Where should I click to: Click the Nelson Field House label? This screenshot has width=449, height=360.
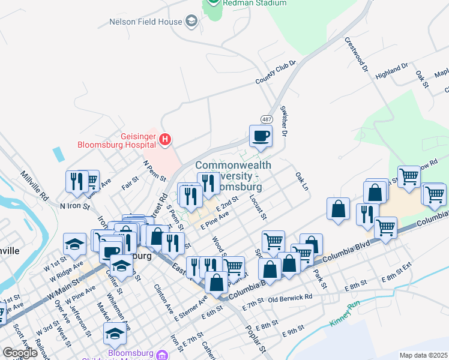pyautogui.click(x=145, y=22)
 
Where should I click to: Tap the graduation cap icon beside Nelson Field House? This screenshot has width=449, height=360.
pyautogui.click(x=191, y=23)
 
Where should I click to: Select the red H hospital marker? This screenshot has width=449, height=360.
pyautogui.click(x=165, y=140)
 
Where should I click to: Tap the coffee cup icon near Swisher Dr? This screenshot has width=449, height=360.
pyautogui.click(x=261, y=136)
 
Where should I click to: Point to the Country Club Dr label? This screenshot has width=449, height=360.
pyautogui.click(x=276, y=72)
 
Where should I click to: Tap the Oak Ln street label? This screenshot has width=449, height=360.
pyautogui.click(x=301, y=181)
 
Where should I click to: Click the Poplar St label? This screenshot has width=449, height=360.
pyautogui.click(x=255, y=339)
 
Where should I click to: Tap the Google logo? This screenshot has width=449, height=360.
pyautogui.click(x=20, y=353)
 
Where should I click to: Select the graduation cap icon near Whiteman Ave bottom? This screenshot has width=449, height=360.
pyautogui.click(x=114, y=333)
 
